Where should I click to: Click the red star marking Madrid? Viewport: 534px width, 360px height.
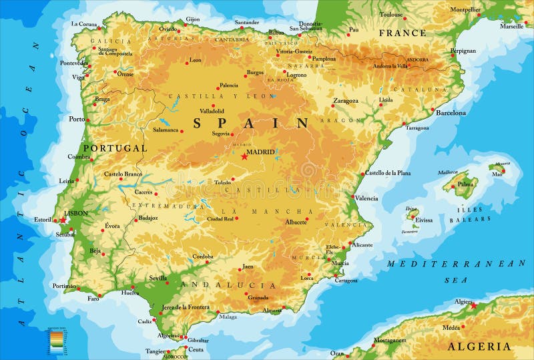[244, 156]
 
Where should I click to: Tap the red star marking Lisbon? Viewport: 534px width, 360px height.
[63, 220]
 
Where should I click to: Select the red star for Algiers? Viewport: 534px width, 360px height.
[474, 306]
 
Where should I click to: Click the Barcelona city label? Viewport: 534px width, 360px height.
[451, 113]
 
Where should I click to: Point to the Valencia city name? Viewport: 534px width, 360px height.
[366, 198]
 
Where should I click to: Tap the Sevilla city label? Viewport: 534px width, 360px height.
[158, 278]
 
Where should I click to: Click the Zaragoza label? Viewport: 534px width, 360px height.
[346, 101]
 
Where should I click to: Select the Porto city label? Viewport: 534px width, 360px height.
[77, 119]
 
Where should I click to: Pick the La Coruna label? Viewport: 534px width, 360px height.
[84, 23]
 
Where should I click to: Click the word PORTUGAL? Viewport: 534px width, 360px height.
[115, 148]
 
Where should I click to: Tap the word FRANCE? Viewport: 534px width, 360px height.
[402, 33]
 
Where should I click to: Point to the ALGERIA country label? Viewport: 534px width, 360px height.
[479, 346]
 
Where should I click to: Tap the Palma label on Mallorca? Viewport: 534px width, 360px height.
[465, 184]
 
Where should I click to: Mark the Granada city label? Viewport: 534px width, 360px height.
[258, 297]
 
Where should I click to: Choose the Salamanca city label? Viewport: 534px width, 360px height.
[166, 130]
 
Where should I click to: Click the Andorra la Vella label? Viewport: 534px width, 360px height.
[390, 65]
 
